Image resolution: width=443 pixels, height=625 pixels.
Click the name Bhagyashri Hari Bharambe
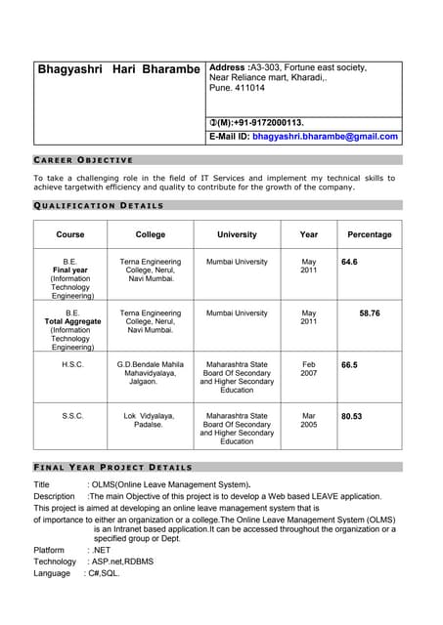[x=118, y=69]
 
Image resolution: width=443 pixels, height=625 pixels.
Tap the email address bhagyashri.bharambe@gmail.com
[x=326, y=137]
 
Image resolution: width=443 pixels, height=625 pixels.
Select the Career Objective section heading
[x=83, y=159]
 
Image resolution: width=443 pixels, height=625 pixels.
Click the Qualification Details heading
[x=99, y=205]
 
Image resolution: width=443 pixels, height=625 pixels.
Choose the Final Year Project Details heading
[x=112, y=467]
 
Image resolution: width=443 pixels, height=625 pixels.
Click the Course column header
[x=70, y=234]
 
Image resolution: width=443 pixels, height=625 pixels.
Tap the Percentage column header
[x=369, y=234]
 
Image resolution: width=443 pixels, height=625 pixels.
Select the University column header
[x=237, y=234]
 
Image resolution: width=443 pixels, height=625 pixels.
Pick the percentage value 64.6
[x=349, y=263]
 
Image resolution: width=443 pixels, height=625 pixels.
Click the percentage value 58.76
[x=370, y=313]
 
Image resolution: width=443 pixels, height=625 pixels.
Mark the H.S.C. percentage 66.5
[x=349, y=365]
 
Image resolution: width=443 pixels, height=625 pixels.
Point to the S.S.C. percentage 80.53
[x=352, y=416]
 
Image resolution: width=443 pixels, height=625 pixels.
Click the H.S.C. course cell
[x=72, y=365]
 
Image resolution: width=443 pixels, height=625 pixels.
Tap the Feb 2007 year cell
[x=309, y=370]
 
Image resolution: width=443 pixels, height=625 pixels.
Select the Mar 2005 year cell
[x=309, y=421]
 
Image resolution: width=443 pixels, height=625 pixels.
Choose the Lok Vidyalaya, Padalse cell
[x=149, y=421]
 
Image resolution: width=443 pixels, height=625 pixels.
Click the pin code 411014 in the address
[x=247, y=88]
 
